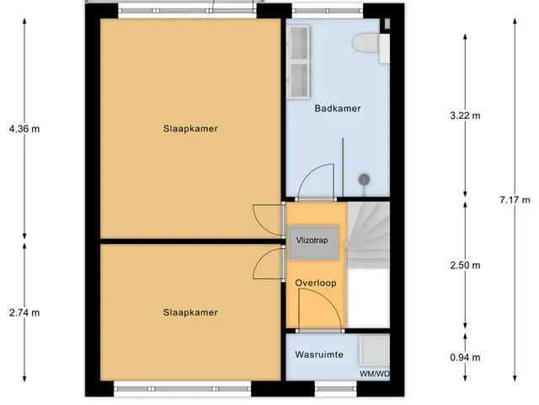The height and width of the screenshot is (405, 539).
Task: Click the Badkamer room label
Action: pyautogui.click(x=338, y=109)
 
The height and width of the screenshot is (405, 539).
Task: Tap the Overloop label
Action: pyautogui.click(x=316, y=283)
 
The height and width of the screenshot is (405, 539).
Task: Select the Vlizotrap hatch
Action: pyautogui.click(x=312, y=242)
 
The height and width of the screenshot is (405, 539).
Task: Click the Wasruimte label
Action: pyautogui.click(x=319, y=354)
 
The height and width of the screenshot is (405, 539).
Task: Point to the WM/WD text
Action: pyautogui.click(x=375, y=374)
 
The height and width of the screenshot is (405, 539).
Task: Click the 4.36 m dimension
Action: pyautogui.click(x=24, y=129)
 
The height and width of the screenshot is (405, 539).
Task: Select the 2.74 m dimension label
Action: pyautogui.click(x=24, y=313)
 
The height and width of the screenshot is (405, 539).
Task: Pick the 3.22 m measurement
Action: pyautogui.click(x=465, y=116)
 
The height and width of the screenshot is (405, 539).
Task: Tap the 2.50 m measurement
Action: pyautogui.click(x=465, y=265)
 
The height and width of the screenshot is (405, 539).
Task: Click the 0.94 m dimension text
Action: pyautogui.click(x=465, y=358)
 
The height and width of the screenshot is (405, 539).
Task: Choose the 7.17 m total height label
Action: pyautogui.click(x=515, y=200)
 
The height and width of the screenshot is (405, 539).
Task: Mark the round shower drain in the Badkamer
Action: pyautogui.click(x=364, y=180)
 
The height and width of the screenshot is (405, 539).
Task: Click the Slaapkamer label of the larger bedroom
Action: pyautogui.click(x=190, y=129)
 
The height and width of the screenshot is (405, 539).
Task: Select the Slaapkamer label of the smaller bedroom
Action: pyautogui.click(x=190, y=313)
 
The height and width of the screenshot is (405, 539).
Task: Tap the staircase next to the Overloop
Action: pyautogui.click(x=368, y=236)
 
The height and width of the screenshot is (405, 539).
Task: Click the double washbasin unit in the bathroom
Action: pyautogui.click(x=298, y=62)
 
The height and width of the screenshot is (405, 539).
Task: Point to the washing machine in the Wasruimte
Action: pyautogui.click(x=374, y=351)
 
